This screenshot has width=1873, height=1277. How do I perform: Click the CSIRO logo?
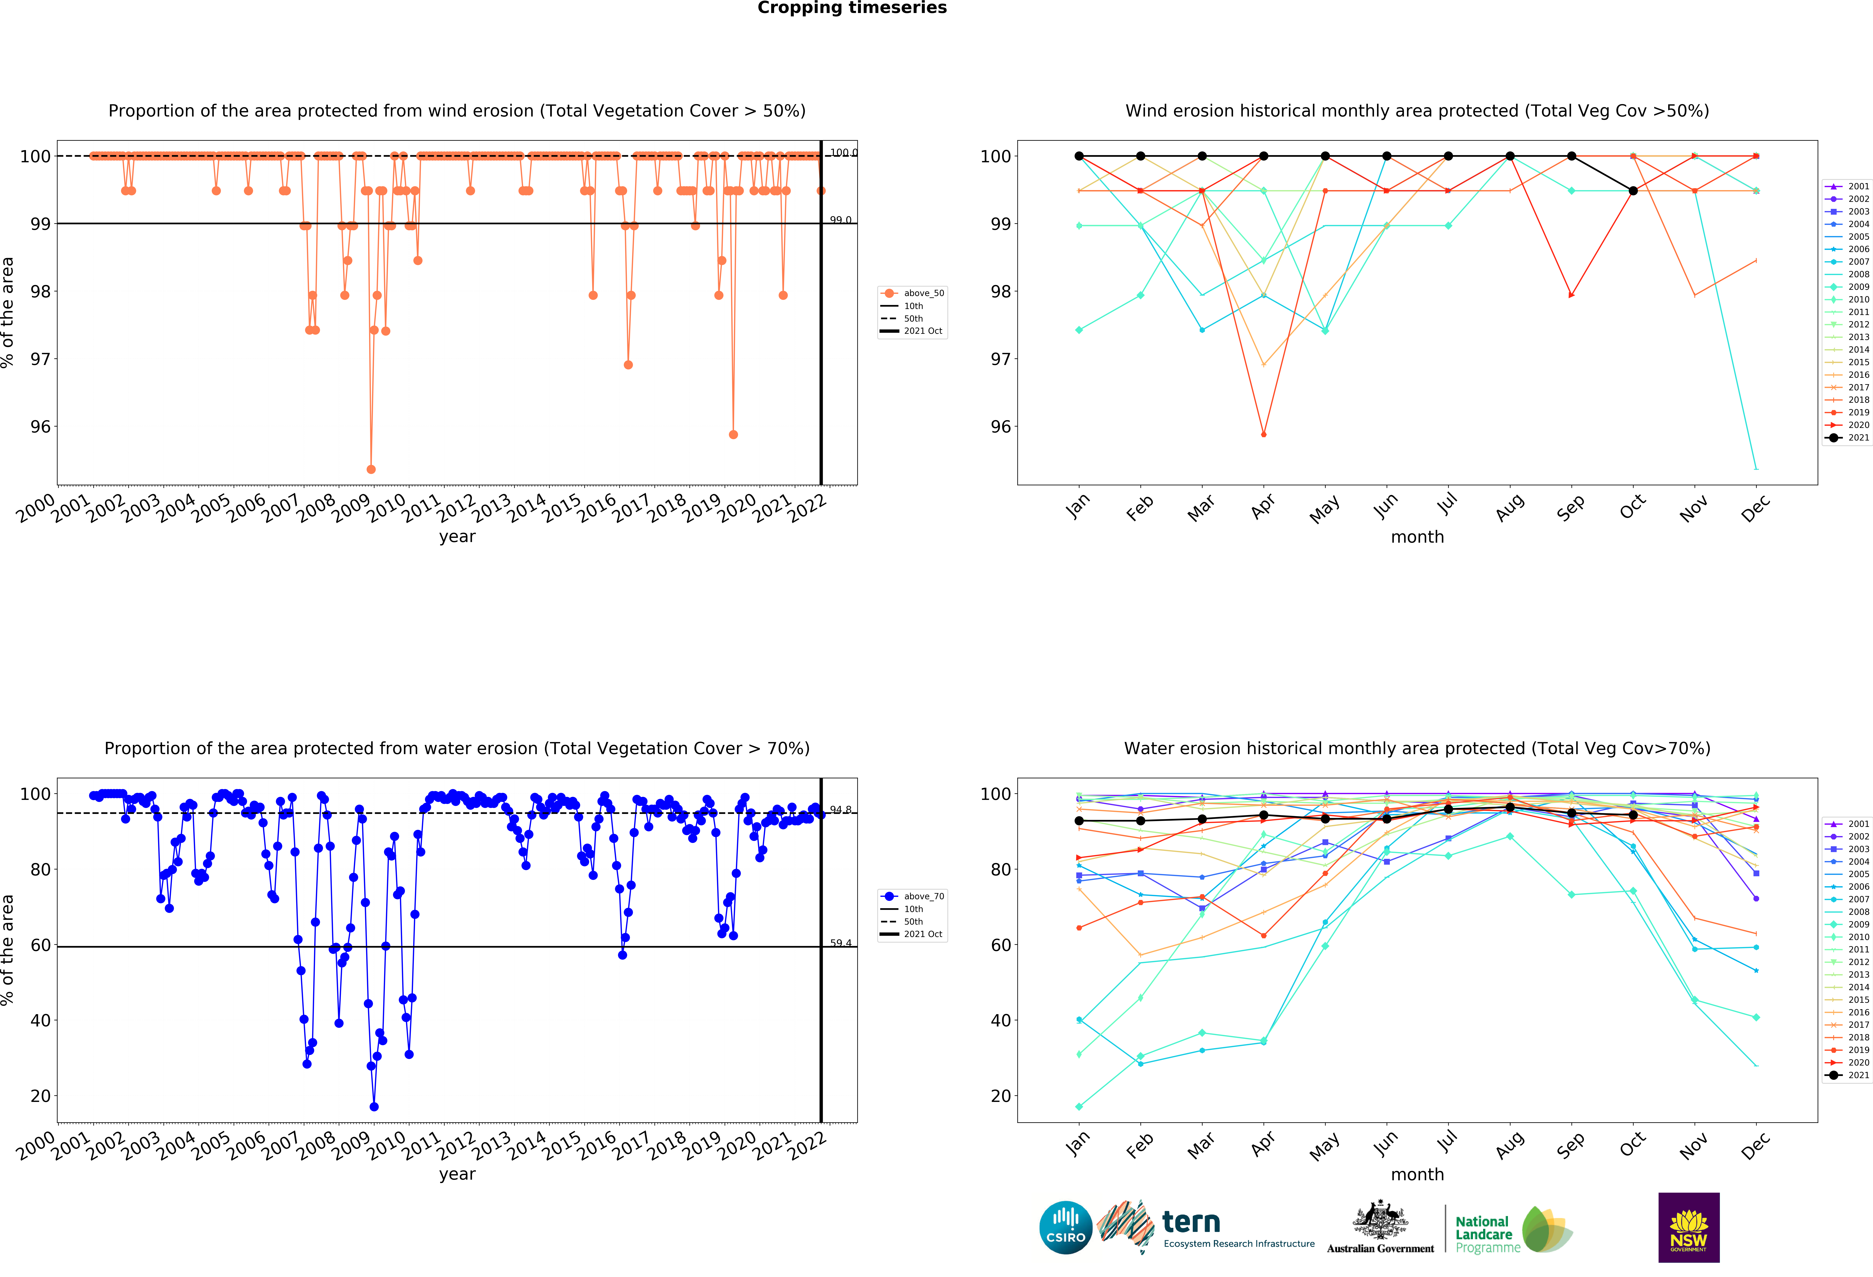pyautogui.click(x=1065, y=1228)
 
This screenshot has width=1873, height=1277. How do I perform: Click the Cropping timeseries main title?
pyautogui.click(x=852, y=8)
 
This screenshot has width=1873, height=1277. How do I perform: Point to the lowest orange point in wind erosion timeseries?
pyautogui.click(x=371, y=469)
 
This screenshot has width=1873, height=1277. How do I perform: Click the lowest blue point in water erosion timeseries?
pyautogui.click(x=374, y=1107)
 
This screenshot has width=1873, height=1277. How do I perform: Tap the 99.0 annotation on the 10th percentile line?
pyautogui.click(x=841, y=220)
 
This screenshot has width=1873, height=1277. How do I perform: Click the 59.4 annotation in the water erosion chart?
pyautogui.click(x=841, y=943)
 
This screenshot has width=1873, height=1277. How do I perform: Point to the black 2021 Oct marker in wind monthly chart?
pyautogui.click(x=1633, y=191)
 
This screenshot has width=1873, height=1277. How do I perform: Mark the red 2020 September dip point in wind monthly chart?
pyautogui.click(x=1572, y=295)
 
